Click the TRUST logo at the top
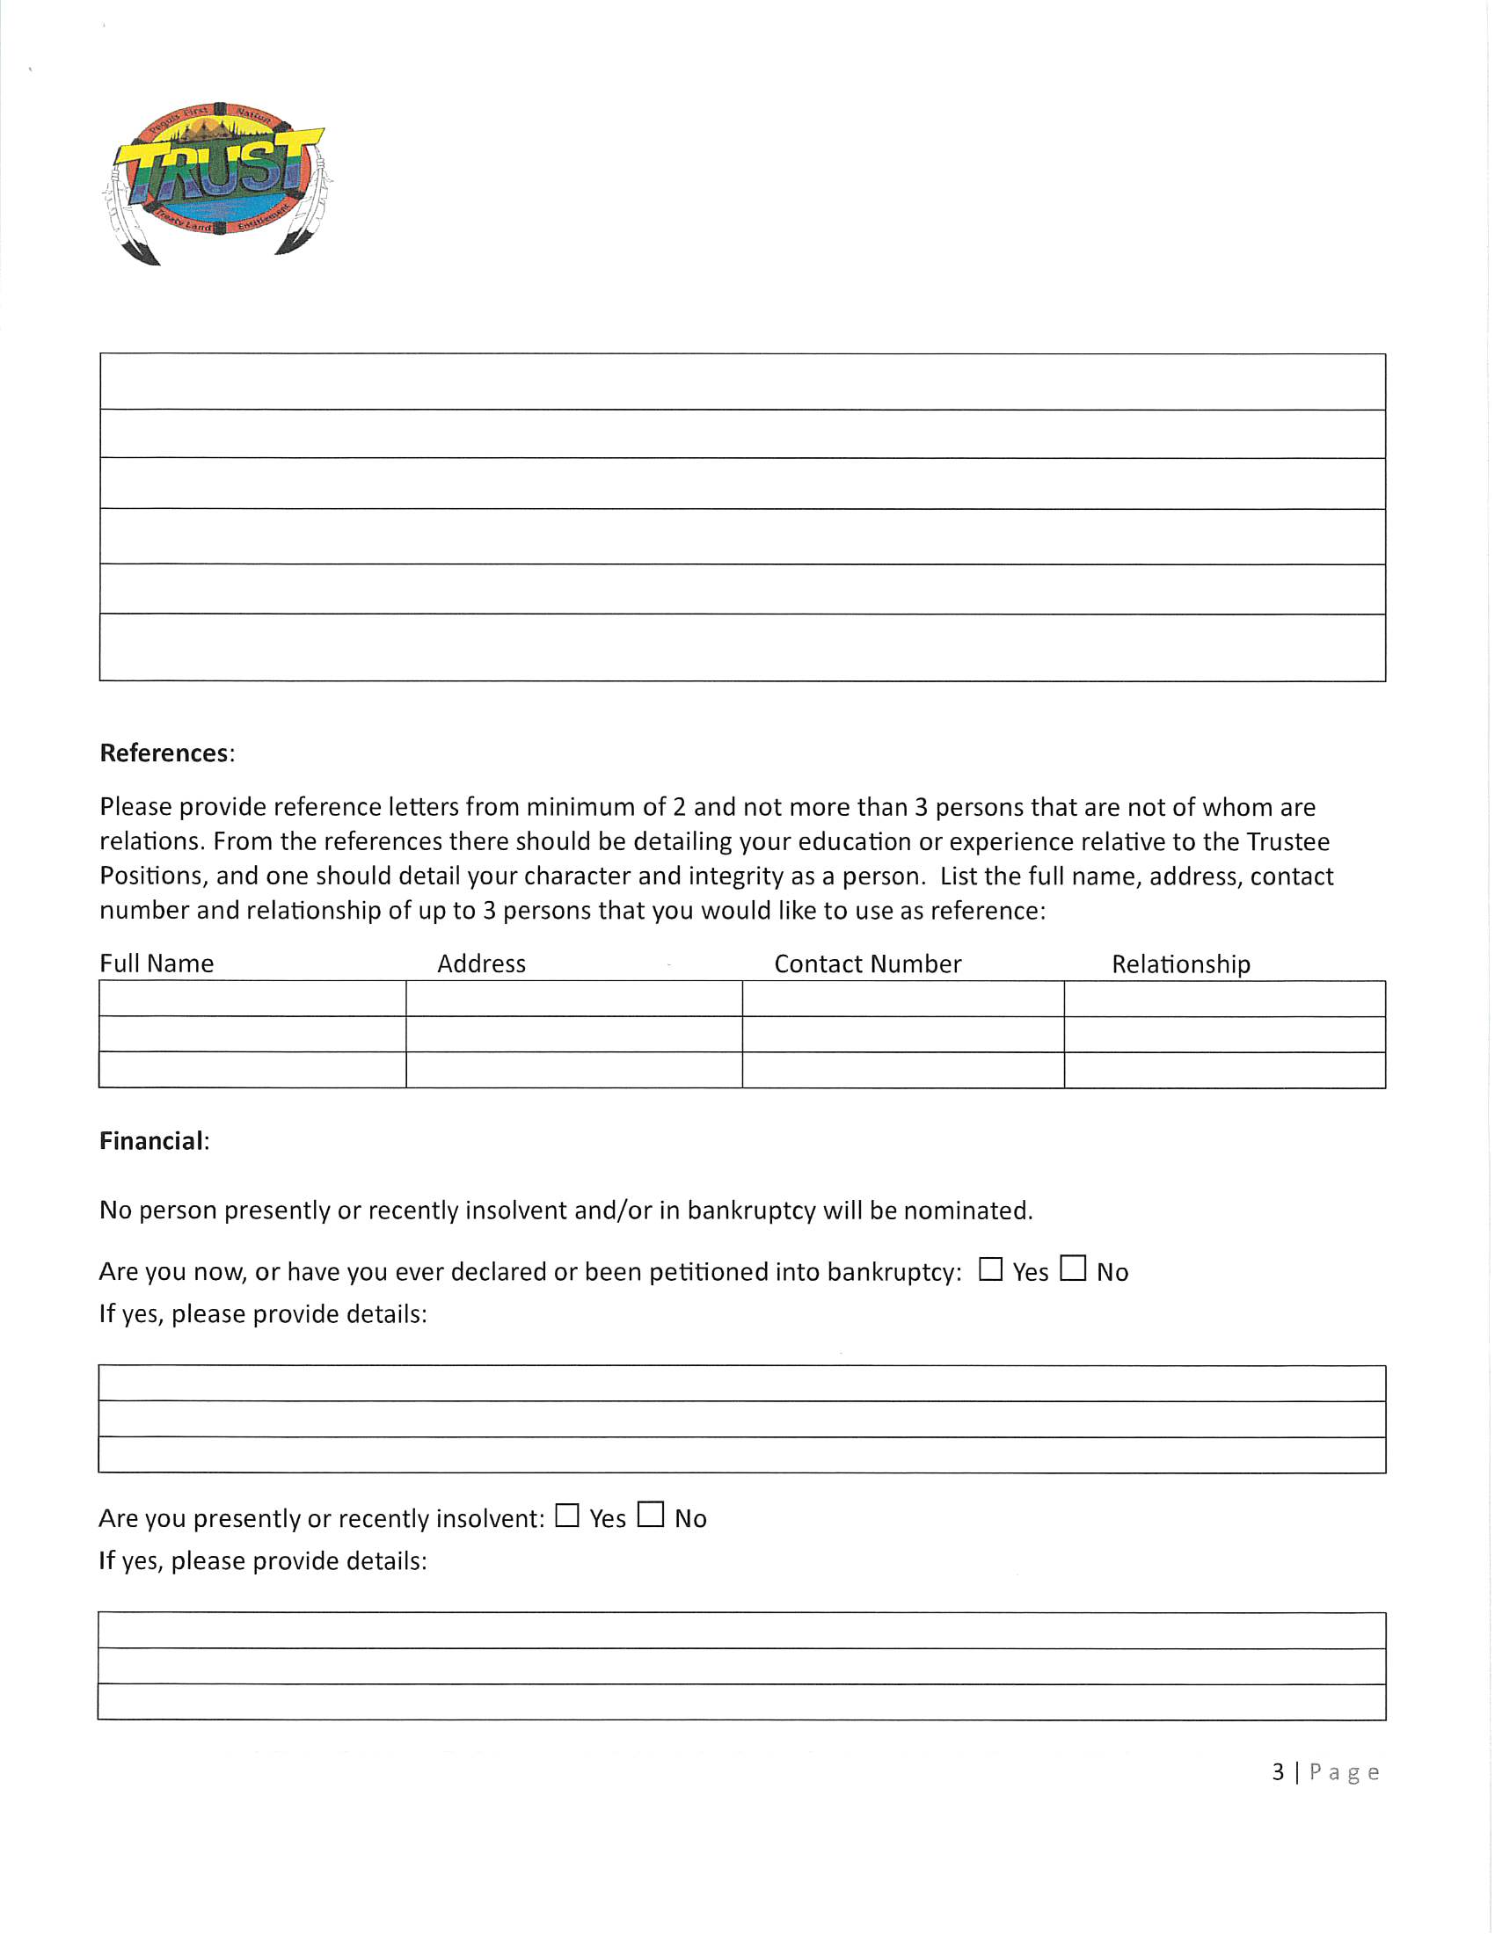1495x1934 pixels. pyautogui.click(x=217, y=182)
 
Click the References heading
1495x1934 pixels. pyautogui.click(x=164, y=753)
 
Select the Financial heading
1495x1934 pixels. pyautogui.click(x=151, y=1140)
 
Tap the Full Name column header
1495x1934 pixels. pyautogui.click(x=157, y=963)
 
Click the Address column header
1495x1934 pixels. pyautogui.click(x=481, y=963)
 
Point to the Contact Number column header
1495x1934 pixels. pyautogui.click(x=867, y=963)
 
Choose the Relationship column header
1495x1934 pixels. pyautogui.click(x=1180, y=963)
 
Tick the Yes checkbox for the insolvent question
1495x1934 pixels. pyautogui.click(x=567, y=1516)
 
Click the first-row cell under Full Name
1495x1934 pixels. pyautogui.click(x=252, y=999)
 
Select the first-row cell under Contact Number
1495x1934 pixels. pyautogui.click(x=902, y=999)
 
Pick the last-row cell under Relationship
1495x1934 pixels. pyautogui.click(x=1224, y=1070)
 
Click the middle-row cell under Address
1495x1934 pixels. pyautogui.click(x=574, y=1035)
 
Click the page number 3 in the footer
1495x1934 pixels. pyautogui.click(x=1278, y=1772)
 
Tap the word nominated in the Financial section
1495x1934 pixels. pyautogui.click(x=967, y=1211)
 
